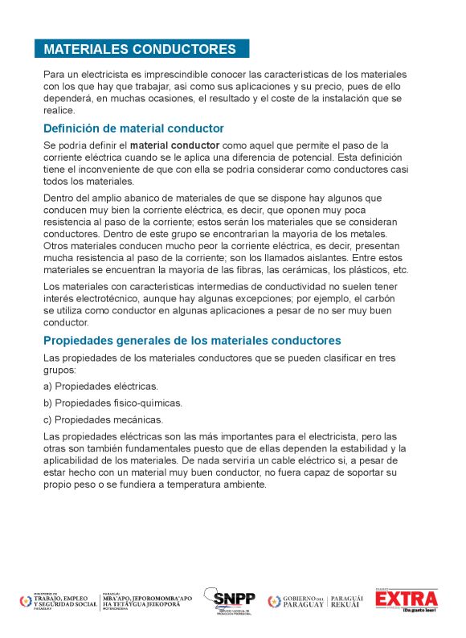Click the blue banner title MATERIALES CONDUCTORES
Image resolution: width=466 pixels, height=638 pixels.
click(141, 49)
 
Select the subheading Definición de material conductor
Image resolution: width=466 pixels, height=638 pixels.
click(133, 129)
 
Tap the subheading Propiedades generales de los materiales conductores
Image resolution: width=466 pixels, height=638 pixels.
click(192, 340)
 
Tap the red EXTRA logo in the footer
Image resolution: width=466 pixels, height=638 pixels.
click(407, 599)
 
